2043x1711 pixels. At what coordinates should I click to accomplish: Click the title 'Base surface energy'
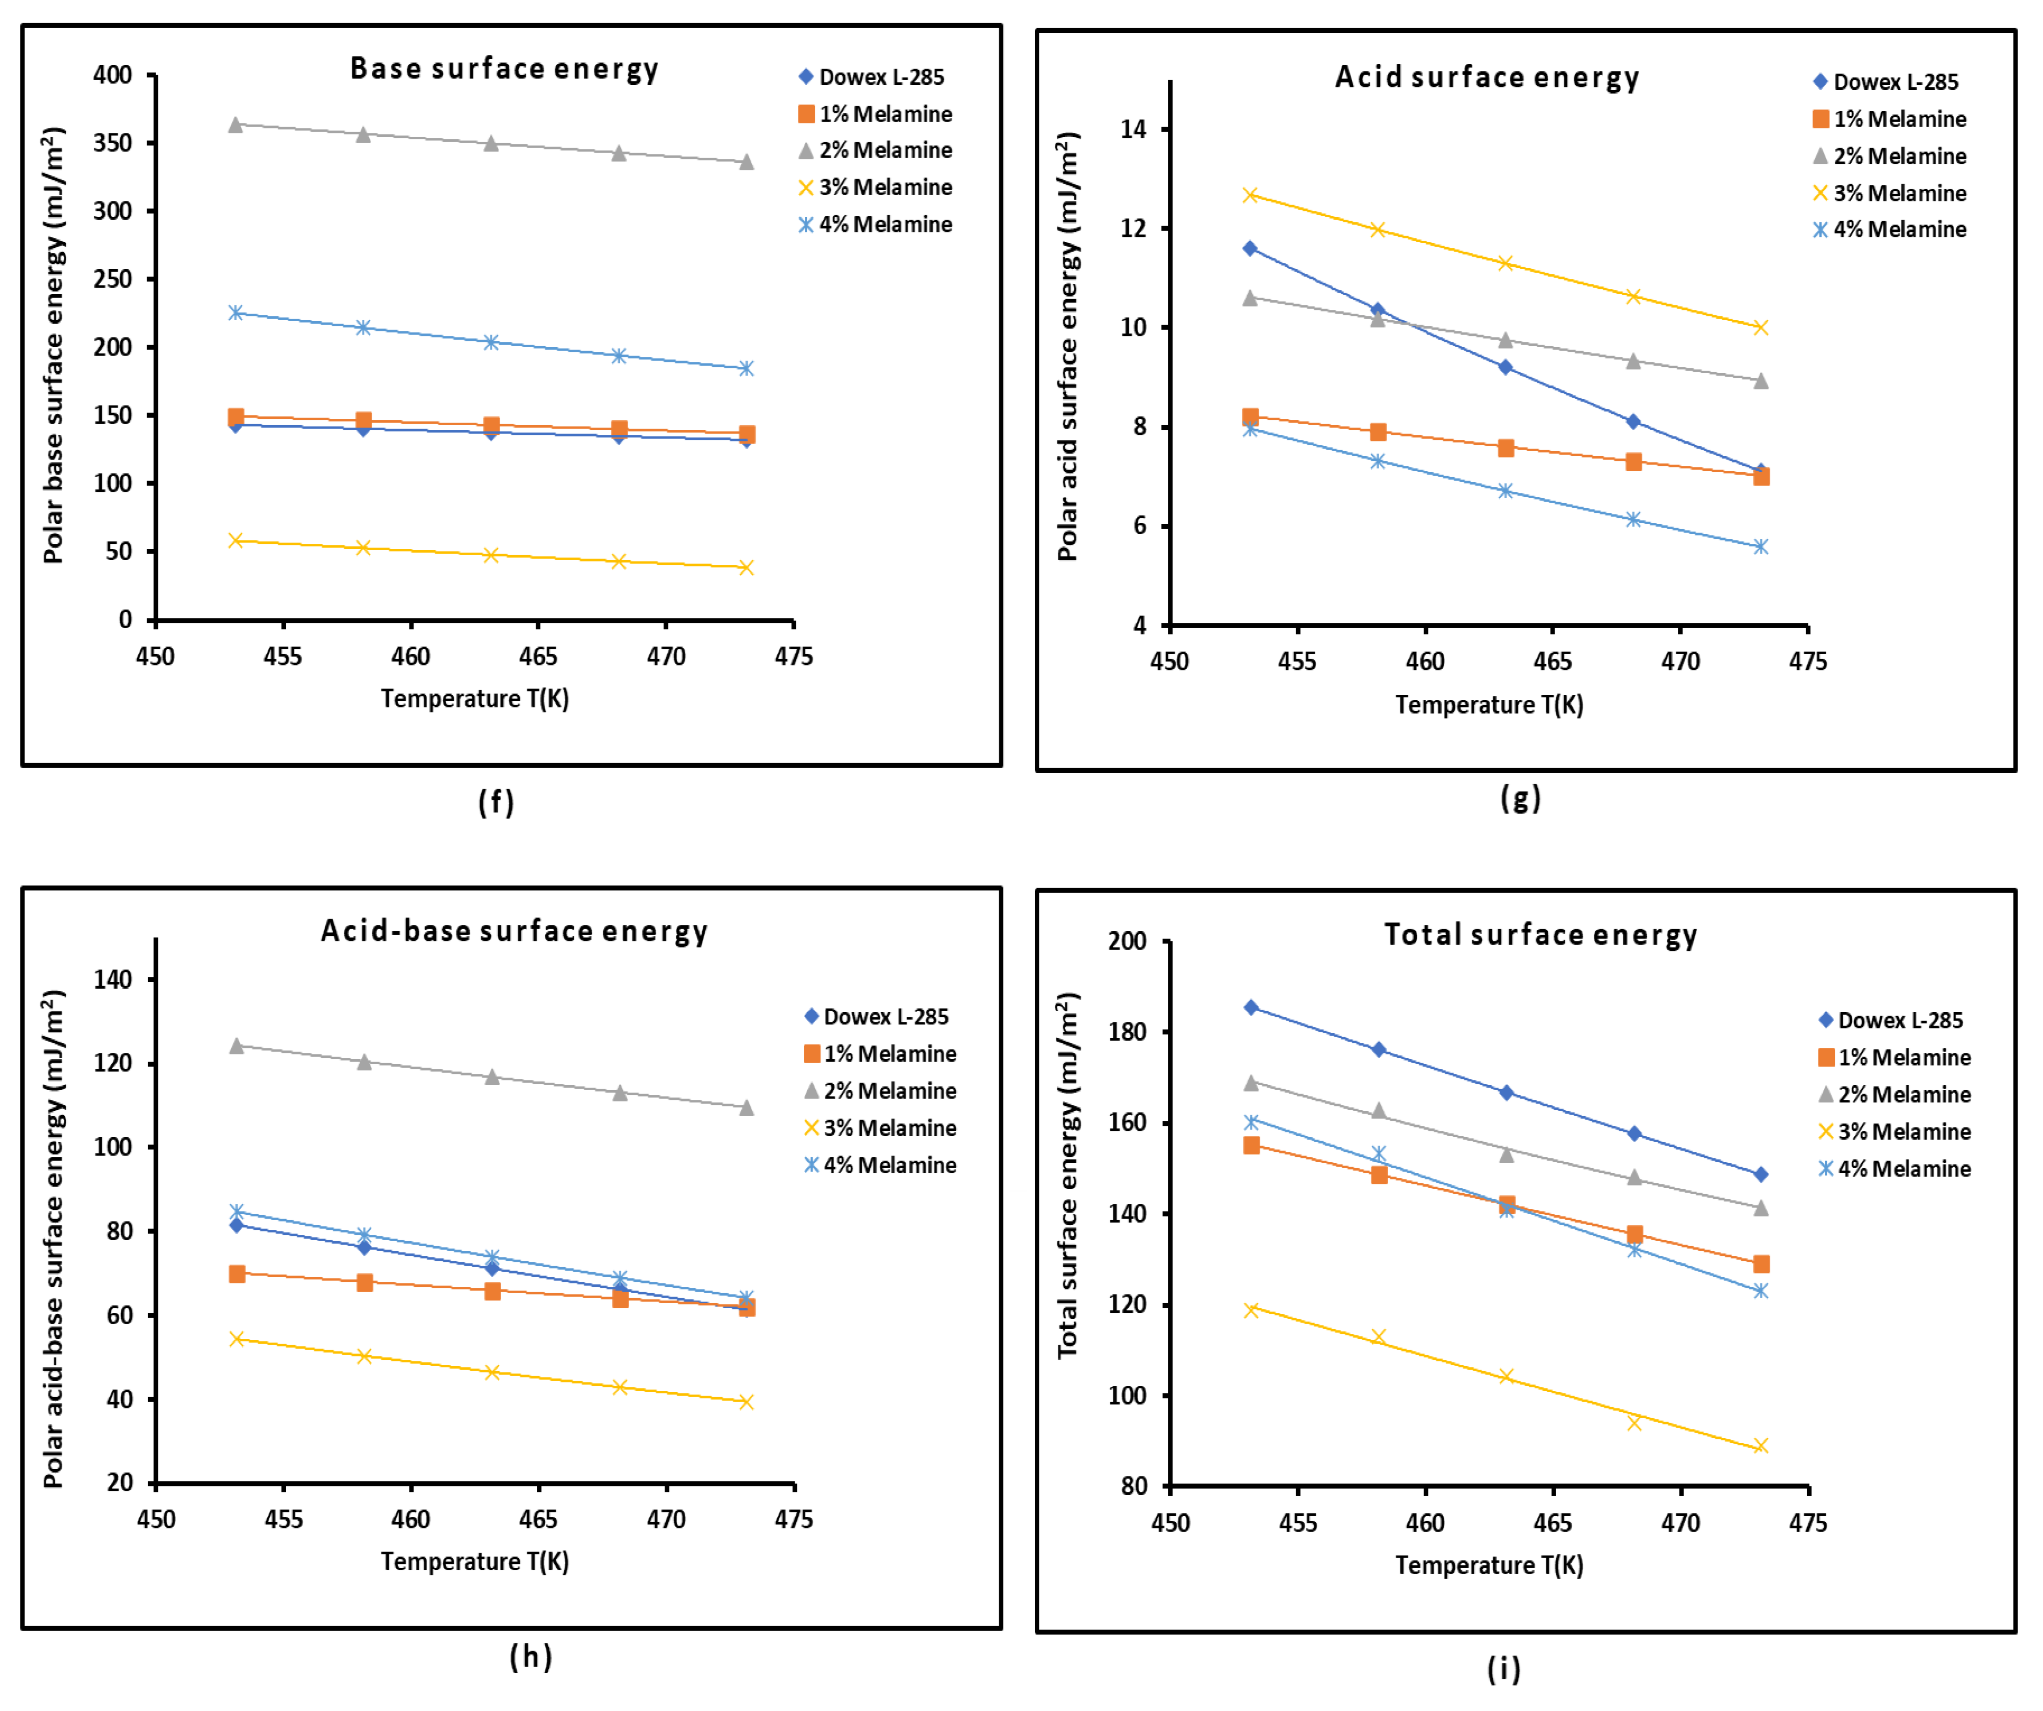point(504,69)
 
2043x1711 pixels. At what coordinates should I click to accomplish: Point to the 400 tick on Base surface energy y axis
point(113,76)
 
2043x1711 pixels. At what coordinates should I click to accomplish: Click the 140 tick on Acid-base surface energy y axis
point(113,979)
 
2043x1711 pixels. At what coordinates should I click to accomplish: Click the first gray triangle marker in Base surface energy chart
point(235,125)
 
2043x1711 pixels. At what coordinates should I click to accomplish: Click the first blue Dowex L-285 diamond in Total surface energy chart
point(1251,1008)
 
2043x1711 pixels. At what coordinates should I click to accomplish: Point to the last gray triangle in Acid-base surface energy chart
point(746,1108)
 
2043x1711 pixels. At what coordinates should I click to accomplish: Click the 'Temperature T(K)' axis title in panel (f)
point(475,698)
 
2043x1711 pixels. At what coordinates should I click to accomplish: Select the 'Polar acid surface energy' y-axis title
point(1068,347)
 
